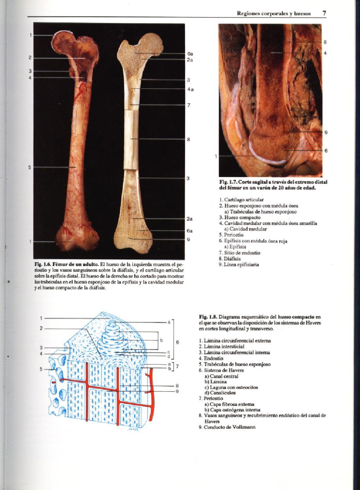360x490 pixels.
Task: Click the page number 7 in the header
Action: (x=324, y=13)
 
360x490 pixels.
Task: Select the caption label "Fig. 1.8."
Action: (x=208, y=317)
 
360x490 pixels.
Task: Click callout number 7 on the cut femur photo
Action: (x=189, y=105)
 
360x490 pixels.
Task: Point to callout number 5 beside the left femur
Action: (x=29, y=168)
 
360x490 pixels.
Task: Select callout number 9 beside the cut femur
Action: (x=189, y=239)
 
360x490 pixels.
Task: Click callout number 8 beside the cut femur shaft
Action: (x=189, y=139)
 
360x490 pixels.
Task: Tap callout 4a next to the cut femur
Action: (x=190, y=89)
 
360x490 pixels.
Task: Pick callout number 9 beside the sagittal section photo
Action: (x=326, y=132)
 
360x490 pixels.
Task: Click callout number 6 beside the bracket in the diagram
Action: (x=178, y=342)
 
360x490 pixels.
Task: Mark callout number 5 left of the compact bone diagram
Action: (x=41, y=369)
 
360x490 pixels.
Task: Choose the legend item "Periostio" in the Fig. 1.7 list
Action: (x=233, y=235)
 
